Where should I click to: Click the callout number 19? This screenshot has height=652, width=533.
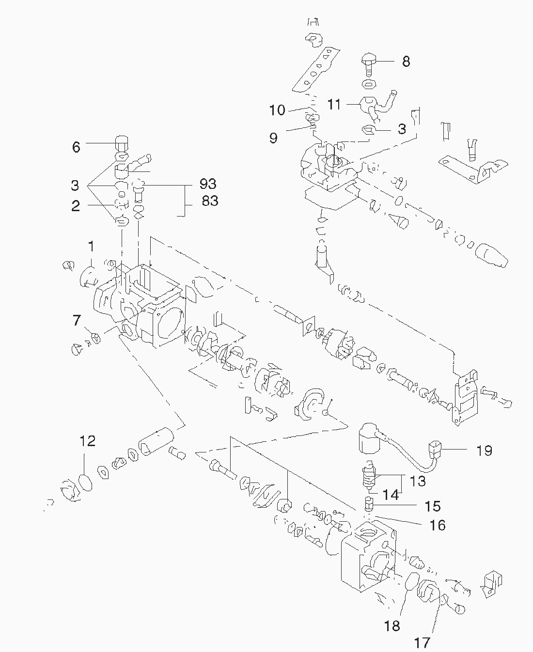point(484,451)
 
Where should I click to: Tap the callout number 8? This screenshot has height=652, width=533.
point(406,62)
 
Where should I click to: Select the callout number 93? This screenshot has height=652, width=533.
point(208,184)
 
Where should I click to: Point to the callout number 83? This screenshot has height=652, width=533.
point(209,201)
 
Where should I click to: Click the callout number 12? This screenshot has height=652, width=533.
point(88,441)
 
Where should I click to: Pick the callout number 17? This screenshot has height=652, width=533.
point(422,643)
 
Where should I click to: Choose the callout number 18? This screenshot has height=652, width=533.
point(392,626)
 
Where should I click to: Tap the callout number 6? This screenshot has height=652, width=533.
point(76,147)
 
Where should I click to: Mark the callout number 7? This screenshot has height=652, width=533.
point(76,320)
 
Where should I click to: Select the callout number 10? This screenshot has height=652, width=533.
point(277,110)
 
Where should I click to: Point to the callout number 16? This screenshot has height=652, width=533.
point(437,525)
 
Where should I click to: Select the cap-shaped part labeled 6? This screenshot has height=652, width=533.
point(122,143)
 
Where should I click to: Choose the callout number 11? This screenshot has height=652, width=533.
point(334,104)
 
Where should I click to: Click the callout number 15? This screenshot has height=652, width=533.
point(433,506)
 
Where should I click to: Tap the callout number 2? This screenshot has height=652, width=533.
point(76,206)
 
